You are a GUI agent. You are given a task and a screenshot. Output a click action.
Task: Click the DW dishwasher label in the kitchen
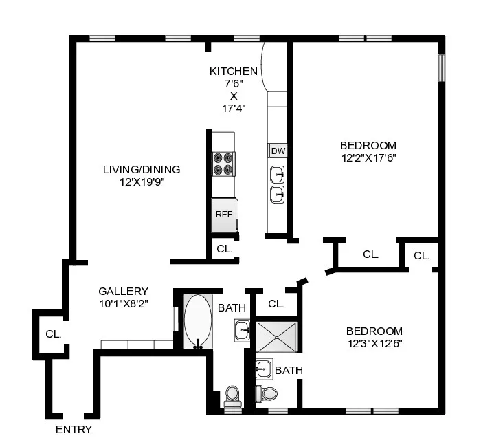(x=278, y=151)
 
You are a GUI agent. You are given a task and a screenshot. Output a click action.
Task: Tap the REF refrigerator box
(x=224, y=214)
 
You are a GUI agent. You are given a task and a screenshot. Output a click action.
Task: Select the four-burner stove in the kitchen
(x=223, y=164)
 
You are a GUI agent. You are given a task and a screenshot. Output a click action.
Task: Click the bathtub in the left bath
(x=198, y=322)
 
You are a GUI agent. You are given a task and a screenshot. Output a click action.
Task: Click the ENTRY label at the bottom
(x=74, y=430)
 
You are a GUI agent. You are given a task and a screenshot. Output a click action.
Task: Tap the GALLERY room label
(x=123, y=292)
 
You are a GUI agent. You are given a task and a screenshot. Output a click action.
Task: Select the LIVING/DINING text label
(x=142, y=170)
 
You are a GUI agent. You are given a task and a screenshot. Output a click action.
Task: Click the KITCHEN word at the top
(x=234, y=72)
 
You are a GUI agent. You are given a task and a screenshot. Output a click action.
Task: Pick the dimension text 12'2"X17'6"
(x=368, y=157)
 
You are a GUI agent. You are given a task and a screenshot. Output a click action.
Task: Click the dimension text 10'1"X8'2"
(x=123, y=303)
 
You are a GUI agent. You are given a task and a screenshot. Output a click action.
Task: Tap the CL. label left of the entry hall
(x=54, y=334)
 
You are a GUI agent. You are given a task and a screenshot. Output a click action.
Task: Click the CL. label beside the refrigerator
(x=224, y=249)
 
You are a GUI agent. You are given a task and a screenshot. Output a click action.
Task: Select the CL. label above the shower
(x=276, y=303)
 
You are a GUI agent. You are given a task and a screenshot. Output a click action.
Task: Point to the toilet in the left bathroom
(x=232, y=395)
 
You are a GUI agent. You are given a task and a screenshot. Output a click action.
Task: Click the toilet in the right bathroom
(x=266, y=393)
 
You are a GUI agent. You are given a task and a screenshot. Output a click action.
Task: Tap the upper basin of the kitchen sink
(x=277, y=173)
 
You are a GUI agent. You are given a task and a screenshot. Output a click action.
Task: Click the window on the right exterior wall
(x=443, y=66)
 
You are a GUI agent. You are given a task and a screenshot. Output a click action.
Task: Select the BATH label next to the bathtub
(x=232, y=308)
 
